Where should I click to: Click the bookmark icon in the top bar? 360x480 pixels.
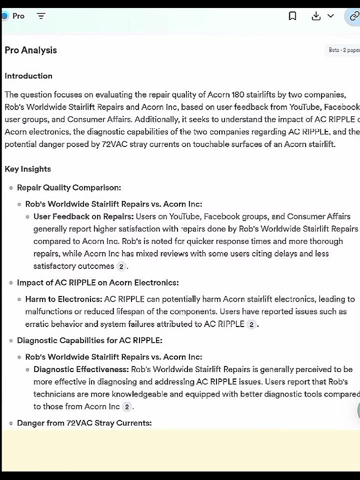[x=292, y=16]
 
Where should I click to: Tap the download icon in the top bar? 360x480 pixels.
[x=316, y=16]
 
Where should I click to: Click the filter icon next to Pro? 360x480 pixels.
[x=41, y=16]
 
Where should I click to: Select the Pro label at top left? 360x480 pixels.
[x=18, y=16]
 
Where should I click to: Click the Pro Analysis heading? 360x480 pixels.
[x=30, y=50]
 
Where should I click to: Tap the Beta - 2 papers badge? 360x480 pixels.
[x=344, y=50]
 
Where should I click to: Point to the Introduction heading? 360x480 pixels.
[x=28, y=76]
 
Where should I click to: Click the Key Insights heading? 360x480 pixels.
[x=27, y=169]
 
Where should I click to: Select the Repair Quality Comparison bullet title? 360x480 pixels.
[x=68, y=187]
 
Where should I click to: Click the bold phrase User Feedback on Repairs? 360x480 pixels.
[x=83, y=216]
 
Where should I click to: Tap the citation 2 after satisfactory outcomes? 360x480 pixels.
[x=121, y=266]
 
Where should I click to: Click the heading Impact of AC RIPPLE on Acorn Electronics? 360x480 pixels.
[x=97, y=282]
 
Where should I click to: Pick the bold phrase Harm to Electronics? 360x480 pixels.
[x=63, y=299]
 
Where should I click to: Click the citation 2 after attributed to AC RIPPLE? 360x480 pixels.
[x=251, y=324]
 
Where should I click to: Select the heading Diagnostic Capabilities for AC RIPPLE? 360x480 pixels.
[x=89, y=340]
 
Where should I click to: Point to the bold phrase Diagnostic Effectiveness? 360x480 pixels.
[x=81, y=369]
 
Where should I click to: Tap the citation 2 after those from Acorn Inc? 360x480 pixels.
[x=127, y=407]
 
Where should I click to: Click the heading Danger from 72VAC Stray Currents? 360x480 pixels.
[x=84, y=423]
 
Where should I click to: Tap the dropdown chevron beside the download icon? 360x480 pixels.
[x=330, y=16]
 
